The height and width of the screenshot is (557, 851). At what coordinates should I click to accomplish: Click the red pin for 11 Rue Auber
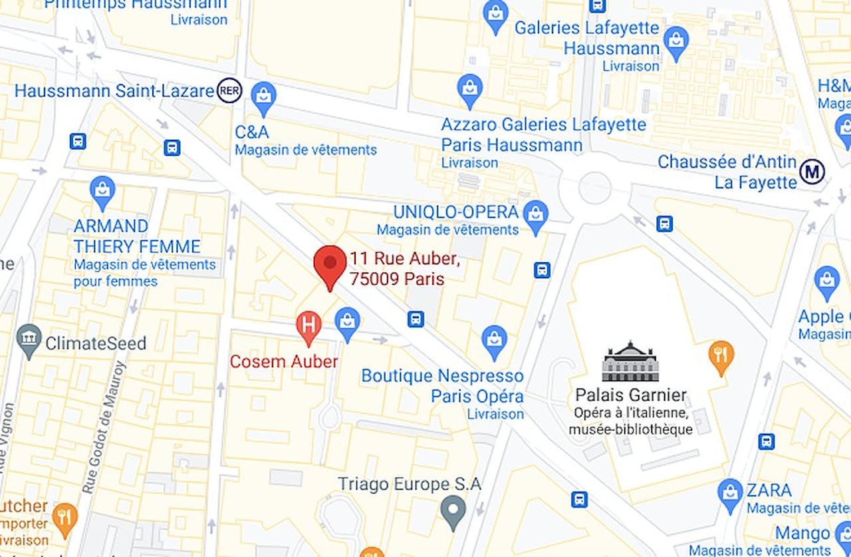click(x=330, y=264)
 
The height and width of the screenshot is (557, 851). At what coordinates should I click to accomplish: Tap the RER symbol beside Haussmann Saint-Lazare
click(x=229, y=91)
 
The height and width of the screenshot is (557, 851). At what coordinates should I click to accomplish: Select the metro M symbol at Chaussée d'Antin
click(x=812, y=172)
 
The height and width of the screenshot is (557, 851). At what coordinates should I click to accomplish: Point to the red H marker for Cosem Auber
click(x=308, y=326)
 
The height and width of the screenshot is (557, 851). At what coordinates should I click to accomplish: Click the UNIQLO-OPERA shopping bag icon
click(x=535, y=214)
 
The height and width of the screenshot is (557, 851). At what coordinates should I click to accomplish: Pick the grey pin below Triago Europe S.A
click(x=453, y=511)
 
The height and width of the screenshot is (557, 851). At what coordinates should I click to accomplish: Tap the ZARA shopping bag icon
click(x=730, y=493)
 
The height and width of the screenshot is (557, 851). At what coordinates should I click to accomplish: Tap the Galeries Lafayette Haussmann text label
click(x=588, y=39)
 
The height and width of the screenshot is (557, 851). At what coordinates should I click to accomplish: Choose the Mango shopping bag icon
click(x=842, y=534)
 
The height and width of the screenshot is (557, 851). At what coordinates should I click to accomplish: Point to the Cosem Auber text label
click(x=284, y=361)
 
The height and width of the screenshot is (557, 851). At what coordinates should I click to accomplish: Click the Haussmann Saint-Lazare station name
click(x=114, y=91)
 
